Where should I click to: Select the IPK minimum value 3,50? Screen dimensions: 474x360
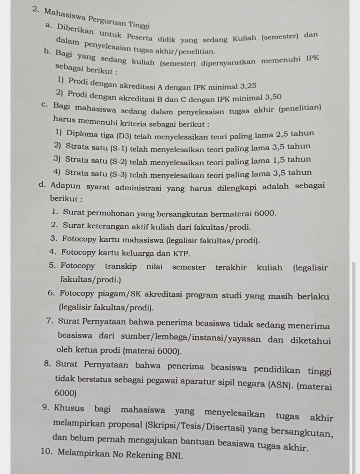pos(270,97)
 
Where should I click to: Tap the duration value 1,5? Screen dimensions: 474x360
pos(281,160)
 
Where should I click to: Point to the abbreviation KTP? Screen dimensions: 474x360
pos(181,253)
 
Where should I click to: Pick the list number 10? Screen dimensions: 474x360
pos(47,455)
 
